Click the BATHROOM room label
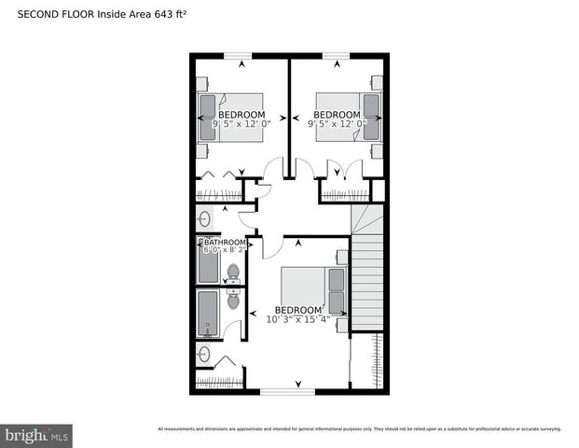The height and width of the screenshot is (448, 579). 226,243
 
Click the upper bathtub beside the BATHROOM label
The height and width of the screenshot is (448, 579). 209,264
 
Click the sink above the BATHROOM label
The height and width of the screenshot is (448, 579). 204,218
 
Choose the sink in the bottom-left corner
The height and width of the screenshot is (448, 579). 204,355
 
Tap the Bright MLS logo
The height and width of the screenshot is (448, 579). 37,435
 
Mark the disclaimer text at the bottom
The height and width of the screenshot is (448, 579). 359,429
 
